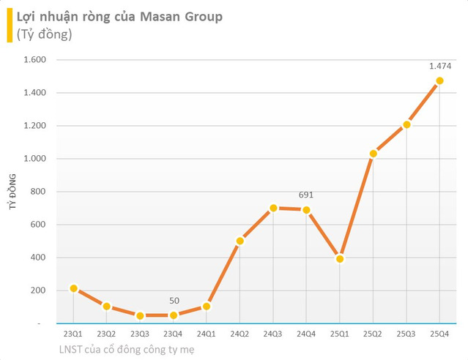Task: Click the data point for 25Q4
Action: coord(439,81)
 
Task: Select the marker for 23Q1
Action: coord(73,288)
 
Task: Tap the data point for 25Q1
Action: coord(340,259)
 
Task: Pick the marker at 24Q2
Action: coord(239,241)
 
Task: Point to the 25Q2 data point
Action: coord(373,154)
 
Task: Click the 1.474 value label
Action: coord(439,67)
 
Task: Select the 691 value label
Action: coord(306,195)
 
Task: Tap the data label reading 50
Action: coord(173,300)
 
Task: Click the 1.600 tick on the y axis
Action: coord(36,60)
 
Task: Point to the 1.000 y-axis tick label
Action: coord(36,159)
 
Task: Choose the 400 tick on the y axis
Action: coord(40,258)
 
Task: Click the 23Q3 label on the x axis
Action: coord(140,334)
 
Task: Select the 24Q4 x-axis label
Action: coord(306,334)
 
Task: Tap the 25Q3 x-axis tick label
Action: coord(406,334)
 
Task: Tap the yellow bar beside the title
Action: coord(8,24)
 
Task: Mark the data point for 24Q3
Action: coord(273,208)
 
